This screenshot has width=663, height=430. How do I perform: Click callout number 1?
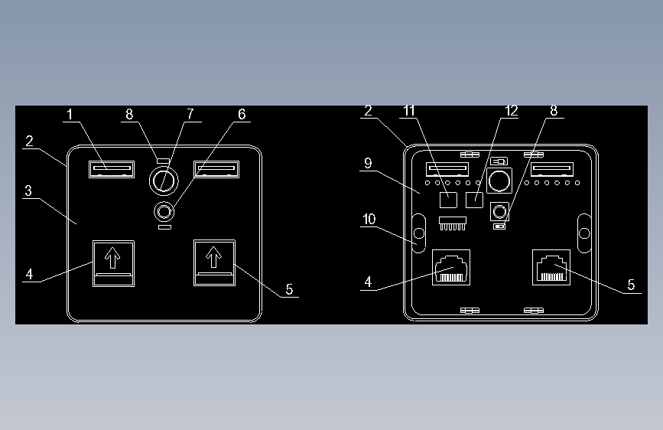point(70,114)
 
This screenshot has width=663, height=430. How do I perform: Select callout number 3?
point(28,191)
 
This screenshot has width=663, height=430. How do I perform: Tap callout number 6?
point(242,114)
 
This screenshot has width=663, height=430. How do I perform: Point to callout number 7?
point(190,114)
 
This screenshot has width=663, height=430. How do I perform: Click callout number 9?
point(368,164)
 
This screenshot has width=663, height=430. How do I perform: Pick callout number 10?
point(369,220)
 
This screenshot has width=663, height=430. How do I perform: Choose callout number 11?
point(409,111)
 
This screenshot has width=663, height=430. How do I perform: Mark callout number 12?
point(511,111)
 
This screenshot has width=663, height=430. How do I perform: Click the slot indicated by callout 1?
point(112,169)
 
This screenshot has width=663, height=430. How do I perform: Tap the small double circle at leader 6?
point(164,211)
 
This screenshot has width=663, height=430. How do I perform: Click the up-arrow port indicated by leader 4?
point(114,263)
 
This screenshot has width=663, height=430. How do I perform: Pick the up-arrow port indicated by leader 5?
point(214,263)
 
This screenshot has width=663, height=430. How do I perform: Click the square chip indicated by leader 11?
point(448,200)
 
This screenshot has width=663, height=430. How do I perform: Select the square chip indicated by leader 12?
point(474,200)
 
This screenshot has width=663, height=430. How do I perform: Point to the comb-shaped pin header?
point(453,223)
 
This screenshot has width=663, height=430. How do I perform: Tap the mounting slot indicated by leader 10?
point(418,233)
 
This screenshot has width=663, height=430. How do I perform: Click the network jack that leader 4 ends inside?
point(451,268)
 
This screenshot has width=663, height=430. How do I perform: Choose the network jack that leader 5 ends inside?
point(551,268)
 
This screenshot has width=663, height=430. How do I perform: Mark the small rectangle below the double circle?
point(164,227)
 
